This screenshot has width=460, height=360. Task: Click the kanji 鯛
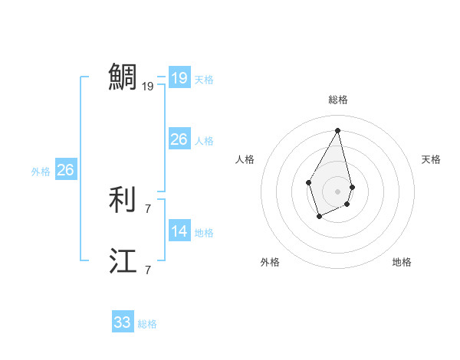[123, 77]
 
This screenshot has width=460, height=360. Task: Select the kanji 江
[123, 261]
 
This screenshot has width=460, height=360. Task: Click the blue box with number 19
[179, 77]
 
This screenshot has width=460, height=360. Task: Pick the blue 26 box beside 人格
[179, 139]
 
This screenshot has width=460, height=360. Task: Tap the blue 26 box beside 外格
[65, 170]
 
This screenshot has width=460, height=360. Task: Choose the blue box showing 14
[179, 231]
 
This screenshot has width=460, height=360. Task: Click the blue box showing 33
[122, 322]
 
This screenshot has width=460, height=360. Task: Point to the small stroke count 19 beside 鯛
[148, 87]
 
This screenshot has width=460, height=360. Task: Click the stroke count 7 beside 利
[148, 208]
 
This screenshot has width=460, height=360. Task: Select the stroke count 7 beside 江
[148, 270]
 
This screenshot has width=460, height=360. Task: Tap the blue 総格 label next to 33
[147, 324]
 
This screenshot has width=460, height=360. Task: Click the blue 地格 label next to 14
[204, 233]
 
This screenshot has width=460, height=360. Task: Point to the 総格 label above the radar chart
[337, 100]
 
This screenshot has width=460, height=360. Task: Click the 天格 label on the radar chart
[431, 159]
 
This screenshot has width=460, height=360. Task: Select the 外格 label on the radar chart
[270, 262]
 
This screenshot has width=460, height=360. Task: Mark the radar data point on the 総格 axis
[337, 129]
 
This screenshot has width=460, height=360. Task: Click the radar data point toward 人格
[309, 182]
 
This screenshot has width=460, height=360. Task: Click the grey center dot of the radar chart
[337, 191]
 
